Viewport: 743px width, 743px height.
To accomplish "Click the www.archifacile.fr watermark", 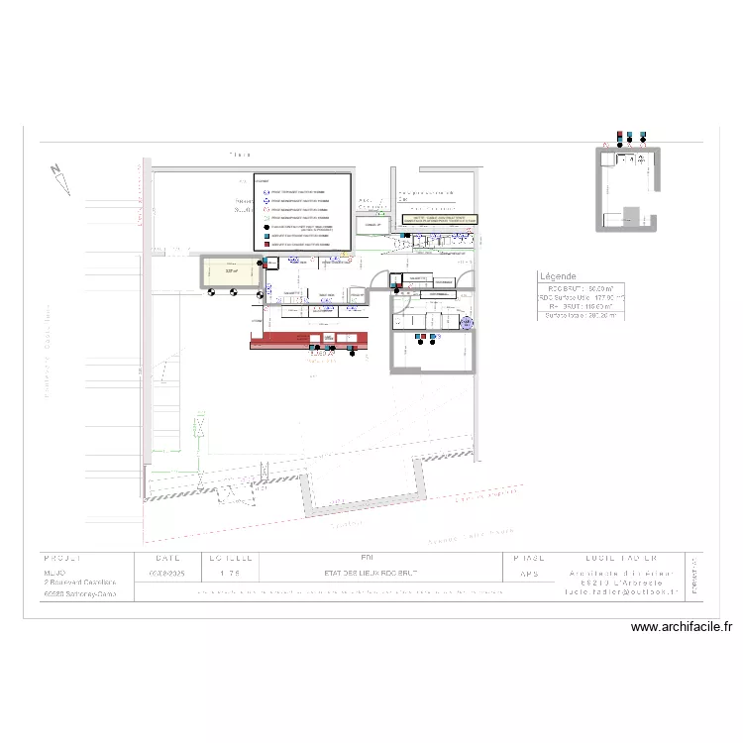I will pyautogui.click(x=681, y=626).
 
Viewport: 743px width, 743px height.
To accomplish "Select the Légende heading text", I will pyautogui.click(x=559, y=276).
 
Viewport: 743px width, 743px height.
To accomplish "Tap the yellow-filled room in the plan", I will pyautogui.click(x=231, y=271).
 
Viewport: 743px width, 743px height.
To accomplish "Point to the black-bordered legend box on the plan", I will pyautogui.click(x=302, y=212).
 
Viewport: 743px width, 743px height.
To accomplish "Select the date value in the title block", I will pyautogui.click(x=166, y=574).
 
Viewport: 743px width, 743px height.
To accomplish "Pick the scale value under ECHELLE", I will pyautogui.click(x=228, y=574).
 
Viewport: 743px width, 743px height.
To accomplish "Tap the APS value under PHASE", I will pyautogui.click(x=529, y=574).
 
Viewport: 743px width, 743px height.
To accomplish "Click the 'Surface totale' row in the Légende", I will pyautogui.click(x=581, y=316).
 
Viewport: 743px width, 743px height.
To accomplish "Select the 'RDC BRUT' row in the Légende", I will pyautogui.click(x=581, y=287).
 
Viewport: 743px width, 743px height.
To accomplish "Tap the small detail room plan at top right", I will pyautogui.click(x=627, y=188).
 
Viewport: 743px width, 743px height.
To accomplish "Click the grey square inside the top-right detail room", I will pyautogui.click(x=630, y=217).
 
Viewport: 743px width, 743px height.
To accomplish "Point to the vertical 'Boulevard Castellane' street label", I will pyautogui.click(x=46, y=352).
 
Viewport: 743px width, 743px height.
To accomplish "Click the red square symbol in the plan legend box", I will pyautogui.click(x=266, y=243).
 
